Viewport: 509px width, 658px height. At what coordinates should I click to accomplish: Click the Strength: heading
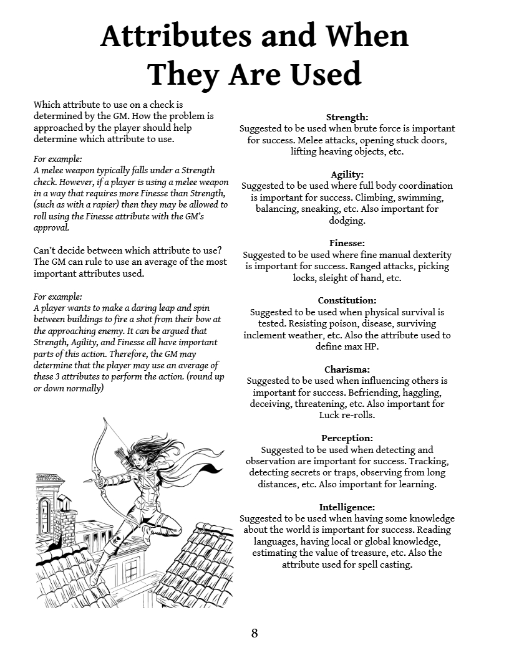[x=347, y=117]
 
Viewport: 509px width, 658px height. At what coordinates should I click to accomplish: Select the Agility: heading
[x=347, y=174]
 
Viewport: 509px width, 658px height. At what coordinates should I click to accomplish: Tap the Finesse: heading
[x=347, y=243]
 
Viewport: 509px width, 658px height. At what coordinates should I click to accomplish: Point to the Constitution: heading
[x=347, y=300]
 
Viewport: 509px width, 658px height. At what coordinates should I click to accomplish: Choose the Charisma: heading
[x=347, y=370]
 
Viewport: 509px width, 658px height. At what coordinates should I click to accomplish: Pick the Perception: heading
[x=347, y=438]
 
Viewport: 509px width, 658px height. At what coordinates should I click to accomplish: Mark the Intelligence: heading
[x=347, y=507]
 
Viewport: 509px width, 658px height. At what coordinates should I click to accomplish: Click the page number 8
[x=254, y=634]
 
